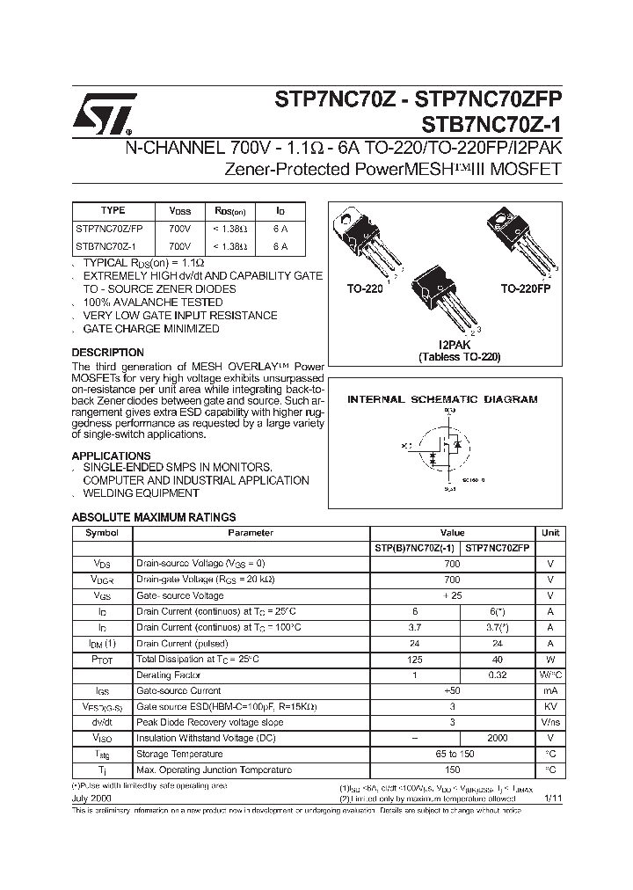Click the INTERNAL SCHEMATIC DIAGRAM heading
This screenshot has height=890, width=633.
tap(442, 399)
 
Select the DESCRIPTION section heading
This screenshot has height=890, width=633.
tap(107, 353)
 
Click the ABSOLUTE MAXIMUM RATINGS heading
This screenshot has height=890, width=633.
tap(153, 518)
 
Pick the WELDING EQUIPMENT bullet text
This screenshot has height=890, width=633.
tap(141, 493)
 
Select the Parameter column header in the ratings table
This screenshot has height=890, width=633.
tap(251, 533)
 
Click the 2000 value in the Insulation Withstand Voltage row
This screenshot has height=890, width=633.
tap(497, 738)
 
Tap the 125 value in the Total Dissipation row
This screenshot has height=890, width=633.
tap(416, 659)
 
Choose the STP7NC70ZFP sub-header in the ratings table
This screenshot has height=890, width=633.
tap(497, 548)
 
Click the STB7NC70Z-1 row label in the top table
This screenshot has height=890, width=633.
tap(101, 247)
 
